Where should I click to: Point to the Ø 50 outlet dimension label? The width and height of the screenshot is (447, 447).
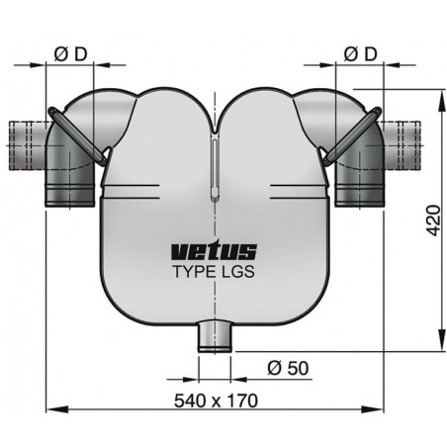pos(287,368)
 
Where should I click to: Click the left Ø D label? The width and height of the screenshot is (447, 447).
pos(68,52)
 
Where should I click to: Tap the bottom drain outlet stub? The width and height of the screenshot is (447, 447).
pos(214,336)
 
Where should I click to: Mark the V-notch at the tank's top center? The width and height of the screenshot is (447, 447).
pos(214,127)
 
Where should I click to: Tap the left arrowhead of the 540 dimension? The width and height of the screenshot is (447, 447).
pos(50,407)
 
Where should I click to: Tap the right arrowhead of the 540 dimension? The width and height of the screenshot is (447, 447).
pos(377,407)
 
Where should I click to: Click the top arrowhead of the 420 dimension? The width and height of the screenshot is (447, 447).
pos(436,91)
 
